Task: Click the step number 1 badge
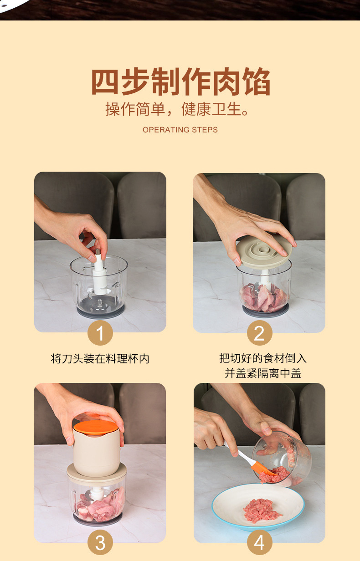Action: click(100, 333)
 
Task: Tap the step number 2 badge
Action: click(259, 333)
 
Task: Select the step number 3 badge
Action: click(100, 542)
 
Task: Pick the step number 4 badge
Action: click(259, 542)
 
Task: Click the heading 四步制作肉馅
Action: click(180, 82)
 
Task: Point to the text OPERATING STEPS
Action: click(180, 130)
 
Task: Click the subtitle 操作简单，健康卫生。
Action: click(177, 109)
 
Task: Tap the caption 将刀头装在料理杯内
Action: click(100, 359)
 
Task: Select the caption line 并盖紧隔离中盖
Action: click(263, 373)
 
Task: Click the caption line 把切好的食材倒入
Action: click(263, 358)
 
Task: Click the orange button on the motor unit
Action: click(96, 427)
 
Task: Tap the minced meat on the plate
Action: click(262, 510)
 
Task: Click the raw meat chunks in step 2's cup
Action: click(263, 297)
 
